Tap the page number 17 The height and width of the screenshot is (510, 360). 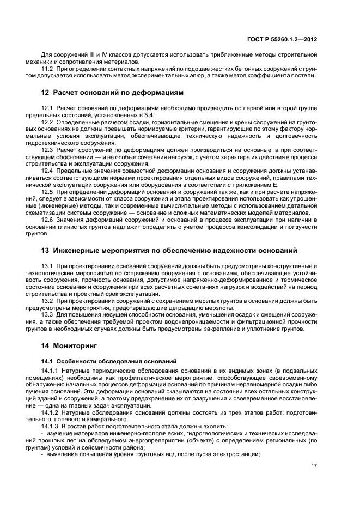pos(314,466)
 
